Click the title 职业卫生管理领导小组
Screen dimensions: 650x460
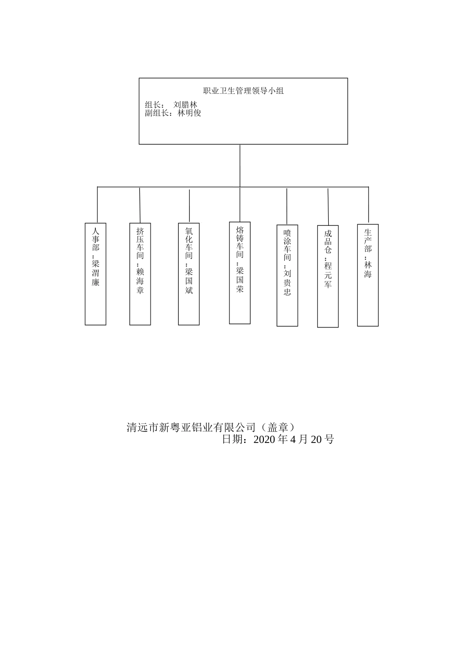pyautogui.click(x=243, y=90)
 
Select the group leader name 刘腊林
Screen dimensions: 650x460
pyautogui.click(x=185, y=104)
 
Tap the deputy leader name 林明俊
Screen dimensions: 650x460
pyautogui.click(x=189, y=113)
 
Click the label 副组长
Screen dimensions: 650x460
pyautogui.click(x=155, y=113)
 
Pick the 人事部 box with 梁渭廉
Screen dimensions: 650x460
pyautogui.click(x=95, y=274)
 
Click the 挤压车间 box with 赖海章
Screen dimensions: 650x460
pyautogui.click(x=140, y=274)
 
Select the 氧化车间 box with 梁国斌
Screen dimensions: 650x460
pyautogui.click(x=189, y=274)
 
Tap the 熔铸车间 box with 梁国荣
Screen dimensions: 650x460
pyautogui.click(x=240, y=273)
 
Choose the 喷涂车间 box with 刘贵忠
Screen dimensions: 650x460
pyautogui.click(x=287, y=276)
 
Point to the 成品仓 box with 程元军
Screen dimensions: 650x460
pyautogui.click(x=328, y=276)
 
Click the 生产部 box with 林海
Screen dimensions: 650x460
pyautogui.click(x=368, y=275)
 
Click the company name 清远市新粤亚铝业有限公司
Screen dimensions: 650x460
pyautogui.click(x=190, y=428)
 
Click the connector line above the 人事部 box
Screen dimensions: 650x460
pyautogui.click(x=97, y=205)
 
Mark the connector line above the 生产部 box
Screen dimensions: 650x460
pyautogui.click(x=368, y=205)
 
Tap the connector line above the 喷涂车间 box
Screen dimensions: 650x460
pyautogui.click(x=287, y=207)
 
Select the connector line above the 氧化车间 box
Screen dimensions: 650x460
pyautogui.click(x=189, y=206)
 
